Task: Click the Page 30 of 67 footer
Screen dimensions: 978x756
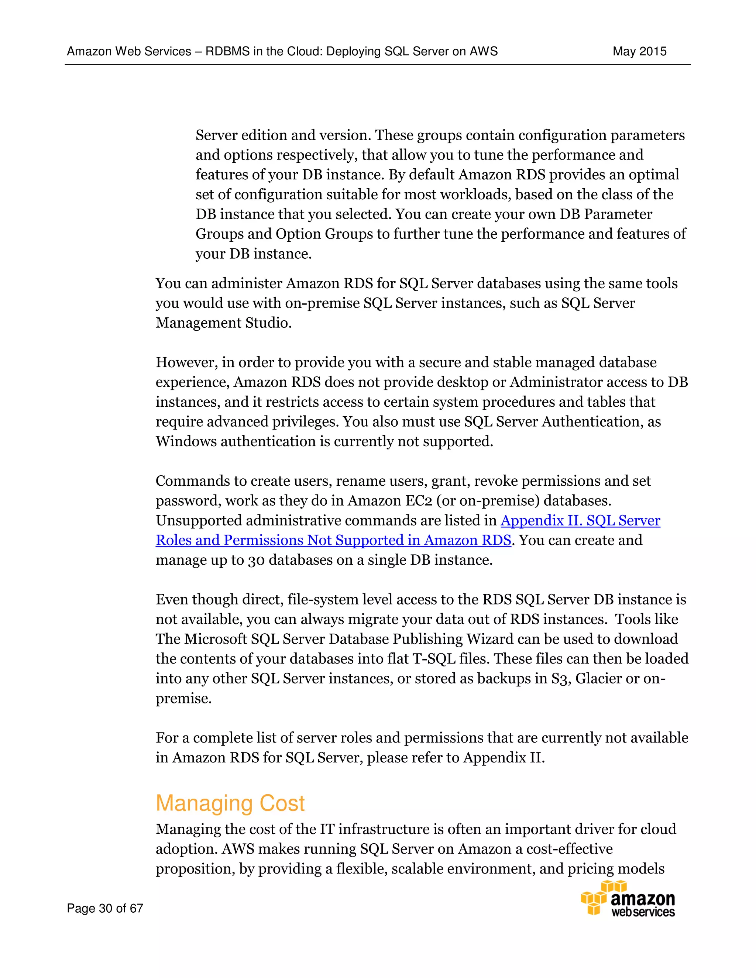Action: click(x=105, y=908)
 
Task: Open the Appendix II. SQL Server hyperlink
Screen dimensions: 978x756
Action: click(x=580, y=520)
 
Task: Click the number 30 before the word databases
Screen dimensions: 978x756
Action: click(x=256, y=560)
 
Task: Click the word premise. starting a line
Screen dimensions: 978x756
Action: click(x=183, y=699)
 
